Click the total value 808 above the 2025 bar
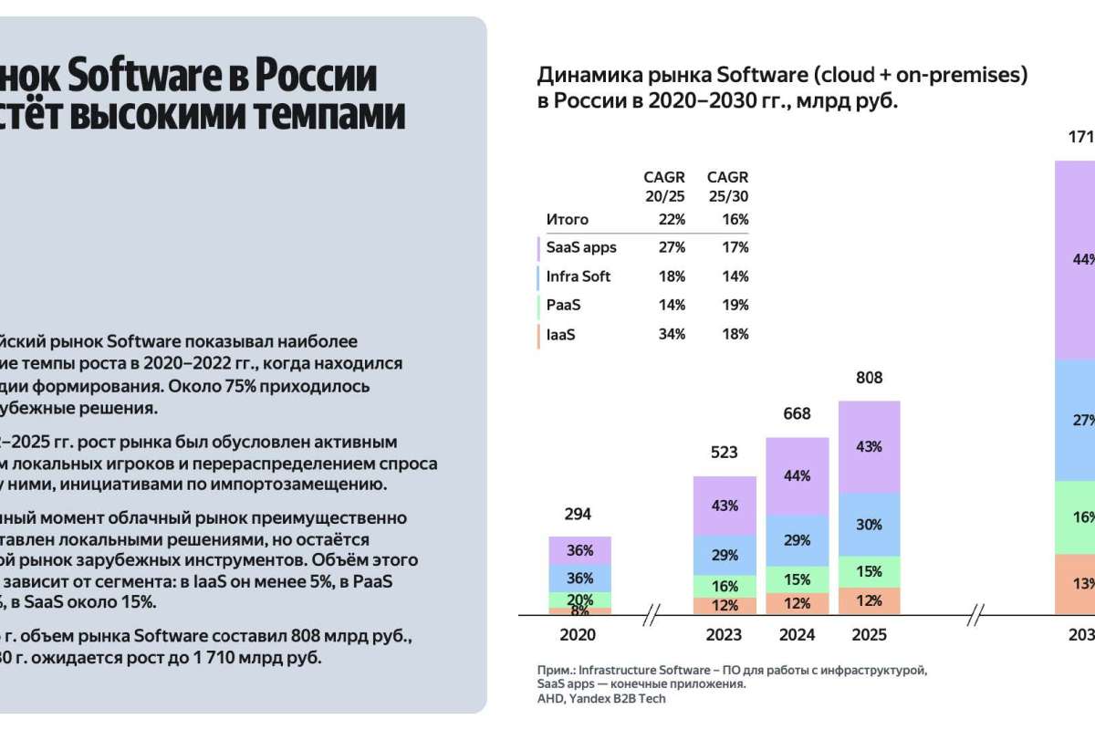point(870,377)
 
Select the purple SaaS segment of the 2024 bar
point(797,475)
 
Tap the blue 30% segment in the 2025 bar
point(870,525)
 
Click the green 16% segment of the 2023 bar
point(725,586)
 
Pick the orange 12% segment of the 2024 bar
point(797,603)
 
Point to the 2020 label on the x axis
point(578,634)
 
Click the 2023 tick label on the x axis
point(725,634)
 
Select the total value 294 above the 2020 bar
point(578,514)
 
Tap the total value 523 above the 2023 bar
point(725,453)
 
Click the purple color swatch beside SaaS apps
point(538,247)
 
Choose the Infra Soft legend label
point(579,276)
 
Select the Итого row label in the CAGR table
point(568,219)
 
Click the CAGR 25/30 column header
point(727,185)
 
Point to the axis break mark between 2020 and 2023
point(652,617)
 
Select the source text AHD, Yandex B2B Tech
point(601,699)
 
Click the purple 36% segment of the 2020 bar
point(579,550)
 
